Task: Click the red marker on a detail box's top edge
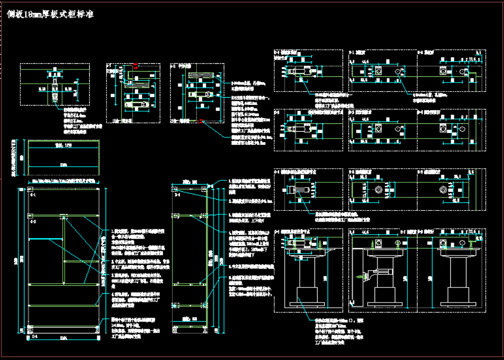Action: tap(136, 66)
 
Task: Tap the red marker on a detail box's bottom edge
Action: tap(202, 121)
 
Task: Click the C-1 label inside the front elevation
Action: tap(33, 195)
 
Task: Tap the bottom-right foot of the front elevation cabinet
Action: tap(97, 329)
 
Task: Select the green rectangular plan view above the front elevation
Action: tap(63, 158)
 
